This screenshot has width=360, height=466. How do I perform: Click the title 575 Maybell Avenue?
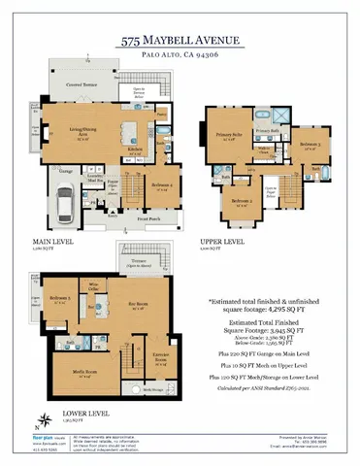point(180,43)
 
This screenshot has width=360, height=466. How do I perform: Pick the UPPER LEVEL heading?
point(222,243)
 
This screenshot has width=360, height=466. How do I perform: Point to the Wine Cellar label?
point(95,288)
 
